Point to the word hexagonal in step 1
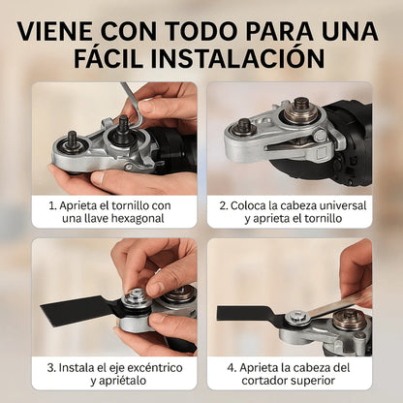pos(138,219)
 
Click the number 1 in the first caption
pos(51,205)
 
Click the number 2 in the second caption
pos(223,205)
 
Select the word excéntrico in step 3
pos(155,367)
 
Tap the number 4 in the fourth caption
pos(231,368)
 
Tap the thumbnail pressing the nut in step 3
pos(156,288)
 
